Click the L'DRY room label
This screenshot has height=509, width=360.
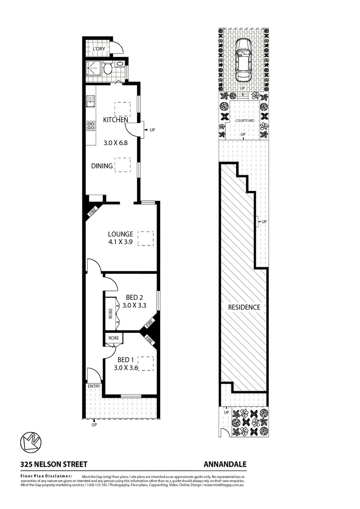click(99, 49)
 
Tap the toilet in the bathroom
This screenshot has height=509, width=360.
click(108, 69)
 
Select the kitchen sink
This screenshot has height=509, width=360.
click(90, 101)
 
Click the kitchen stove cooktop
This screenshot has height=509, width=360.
click(90, 126)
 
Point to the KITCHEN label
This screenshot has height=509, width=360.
click(115, 120)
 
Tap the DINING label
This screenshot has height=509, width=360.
click(102, 166)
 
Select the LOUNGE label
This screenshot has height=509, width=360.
click(121, 234)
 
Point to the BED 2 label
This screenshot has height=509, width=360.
click(134, 297)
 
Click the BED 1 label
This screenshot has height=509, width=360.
click(125, 360)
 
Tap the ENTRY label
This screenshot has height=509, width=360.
click(94, 386)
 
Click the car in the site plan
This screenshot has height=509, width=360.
click(243, 59)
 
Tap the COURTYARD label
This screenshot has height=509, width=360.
click(245, 121)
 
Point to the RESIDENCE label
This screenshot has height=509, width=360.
click(244, 307)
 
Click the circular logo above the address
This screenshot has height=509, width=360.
click(31, 442)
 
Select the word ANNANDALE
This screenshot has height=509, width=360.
click(225, 464)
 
